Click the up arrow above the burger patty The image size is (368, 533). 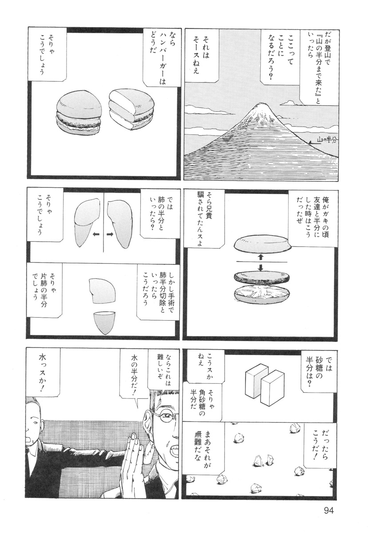(x=261, y=257)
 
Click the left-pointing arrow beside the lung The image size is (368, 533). (x=95, y=234)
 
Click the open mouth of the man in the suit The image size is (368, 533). (x=30, y=438)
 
